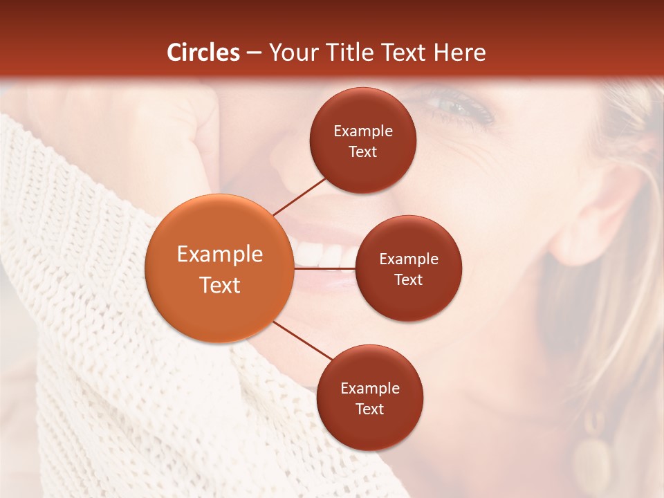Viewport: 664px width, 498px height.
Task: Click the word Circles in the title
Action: coord(203,53)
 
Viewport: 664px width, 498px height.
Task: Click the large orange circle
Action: coord(219,268)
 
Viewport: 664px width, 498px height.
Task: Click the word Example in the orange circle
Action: coord(220,255)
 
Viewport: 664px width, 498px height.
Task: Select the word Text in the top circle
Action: coord(362,151)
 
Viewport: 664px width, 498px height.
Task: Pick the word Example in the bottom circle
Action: coord(370,389)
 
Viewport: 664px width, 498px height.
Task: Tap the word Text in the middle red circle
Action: coord(408,279)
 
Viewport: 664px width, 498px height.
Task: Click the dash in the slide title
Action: coord(254,53)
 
